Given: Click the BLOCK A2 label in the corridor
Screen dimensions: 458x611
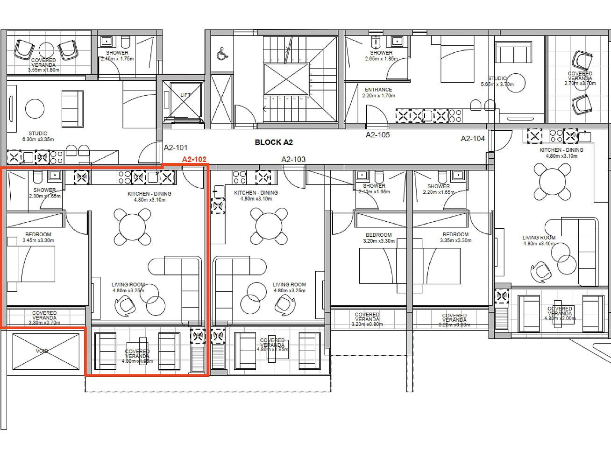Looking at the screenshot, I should pyautogui.click(x=274, y=142).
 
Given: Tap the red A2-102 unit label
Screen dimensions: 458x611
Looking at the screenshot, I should pyautogui.click(x=194, y=159).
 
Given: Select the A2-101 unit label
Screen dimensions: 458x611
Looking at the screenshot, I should pyautogui.click(x=176, y=148).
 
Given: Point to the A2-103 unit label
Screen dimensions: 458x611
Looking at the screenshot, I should pyautogui.click(x=293, y=159).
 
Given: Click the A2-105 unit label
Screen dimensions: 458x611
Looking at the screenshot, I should pyautogui.click(x=377, y=135).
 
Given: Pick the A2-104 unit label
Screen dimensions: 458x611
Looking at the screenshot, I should pyautogui.click(x=473, y=139).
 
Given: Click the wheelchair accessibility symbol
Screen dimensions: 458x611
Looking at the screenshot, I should pyautogui.click(x=222, y=54).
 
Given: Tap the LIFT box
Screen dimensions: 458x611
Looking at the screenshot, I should pyautogui.click(x=185, y=99).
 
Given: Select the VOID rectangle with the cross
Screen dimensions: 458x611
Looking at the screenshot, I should pyautogui.click(x=46, y=351).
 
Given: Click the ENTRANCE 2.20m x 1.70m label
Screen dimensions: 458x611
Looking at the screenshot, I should pyautogui.click(x=378, y=92).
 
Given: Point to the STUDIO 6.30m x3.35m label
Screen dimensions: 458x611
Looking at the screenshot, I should pyautogui.click(x=38, y=136).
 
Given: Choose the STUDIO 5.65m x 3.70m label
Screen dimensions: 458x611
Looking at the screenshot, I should pyautogui.click(x=497, y=82).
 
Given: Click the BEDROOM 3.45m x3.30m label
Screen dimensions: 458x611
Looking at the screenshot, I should pyautogui.click(x=38, y=237).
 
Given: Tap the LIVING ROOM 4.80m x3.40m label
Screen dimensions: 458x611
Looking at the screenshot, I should pyautogui.click(x=539, y=240).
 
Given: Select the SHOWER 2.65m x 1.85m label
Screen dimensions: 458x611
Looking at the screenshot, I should pyautogui.click(x=381, y=56).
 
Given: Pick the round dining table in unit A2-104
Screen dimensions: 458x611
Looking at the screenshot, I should pyautogui.click(x=552, y=181).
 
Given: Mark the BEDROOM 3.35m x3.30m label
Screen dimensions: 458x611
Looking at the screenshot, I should pyautogui.click(x=455, y=237).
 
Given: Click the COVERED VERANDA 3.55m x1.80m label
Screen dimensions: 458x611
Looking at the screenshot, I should pyautogui.click(x=43, y=65).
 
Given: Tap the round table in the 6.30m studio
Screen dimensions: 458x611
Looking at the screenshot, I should pyautogui.click(x=35, y=109).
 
